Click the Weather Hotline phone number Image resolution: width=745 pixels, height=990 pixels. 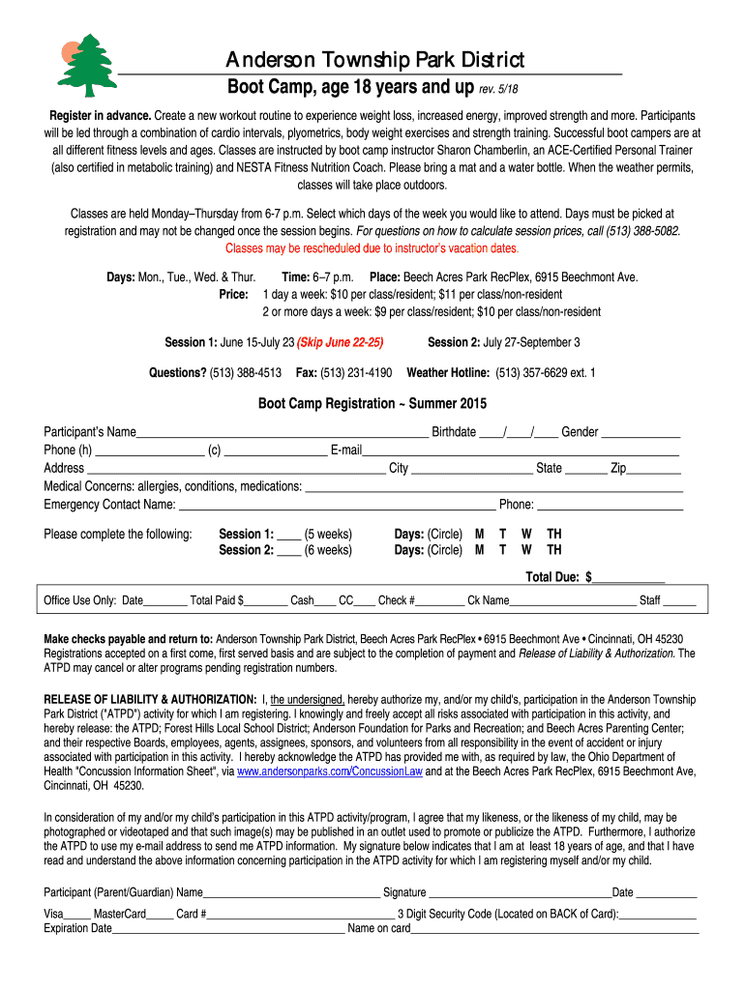tap(546, 372)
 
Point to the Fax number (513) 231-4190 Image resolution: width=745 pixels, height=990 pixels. tap(356, 372)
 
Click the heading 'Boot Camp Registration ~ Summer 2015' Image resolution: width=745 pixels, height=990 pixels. tap(372, 403)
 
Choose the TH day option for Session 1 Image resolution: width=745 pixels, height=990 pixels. tap(554, 534)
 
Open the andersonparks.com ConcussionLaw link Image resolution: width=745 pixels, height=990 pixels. tap(330, 772)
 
